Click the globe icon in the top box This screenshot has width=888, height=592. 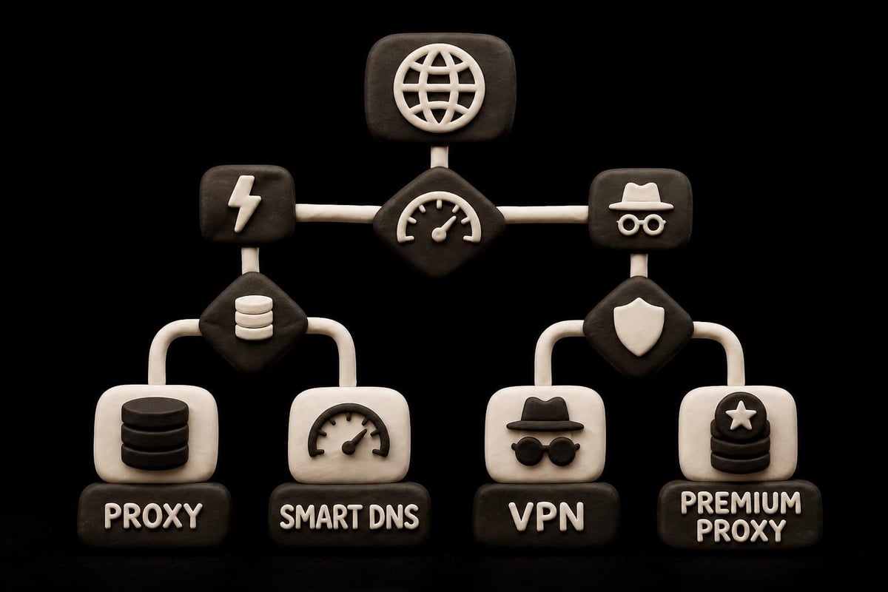tap(439, 87)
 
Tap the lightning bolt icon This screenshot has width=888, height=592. tap(244, 203)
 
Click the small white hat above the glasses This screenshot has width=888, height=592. tap(641, 197)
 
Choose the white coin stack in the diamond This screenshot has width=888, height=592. tap(254, 317)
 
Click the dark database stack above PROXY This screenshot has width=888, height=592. tap(155, 434)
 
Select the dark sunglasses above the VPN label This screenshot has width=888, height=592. tap(545, 451)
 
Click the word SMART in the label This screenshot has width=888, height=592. tap(321, 517)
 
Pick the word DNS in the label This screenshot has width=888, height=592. tap(394, 517)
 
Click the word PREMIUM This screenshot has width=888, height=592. tap(741, 502)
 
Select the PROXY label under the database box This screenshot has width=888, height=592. tap(153, 516)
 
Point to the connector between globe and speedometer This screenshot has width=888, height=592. tap(440, 158)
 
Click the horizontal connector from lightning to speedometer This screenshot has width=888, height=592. tap(337, 212)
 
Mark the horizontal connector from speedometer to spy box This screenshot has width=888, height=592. tap(543, 214)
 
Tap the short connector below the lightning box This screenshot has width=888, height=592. tap(250, 260)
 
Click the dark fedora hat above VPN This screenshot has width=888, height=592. tap(545, 414)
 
